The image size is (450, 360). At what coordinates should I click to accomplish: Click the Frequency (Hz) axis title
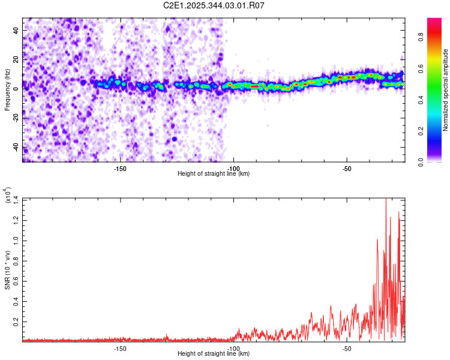tap(7, 90)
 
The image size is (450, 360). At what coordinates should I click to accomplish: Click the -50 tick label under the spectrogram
tap(347, 167)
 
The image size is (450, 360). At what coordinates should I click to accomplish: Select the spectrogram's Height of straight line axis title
tap(214, 173)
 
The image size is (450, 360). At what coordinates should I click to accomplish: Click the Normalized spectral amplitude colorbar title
tap(446, 90)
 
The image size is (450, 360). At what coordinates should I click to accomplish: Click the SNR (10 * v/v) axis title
tap(7, 270)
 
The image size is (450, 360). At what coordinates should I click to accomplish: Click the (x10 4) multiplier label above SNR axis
tap(8, 196)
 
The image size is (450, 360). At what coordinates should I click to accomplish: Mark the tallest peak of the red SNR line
tap(386, 200)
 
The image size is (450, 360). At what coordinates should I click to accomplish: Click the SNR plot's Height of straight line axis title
tap(214, 354)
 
